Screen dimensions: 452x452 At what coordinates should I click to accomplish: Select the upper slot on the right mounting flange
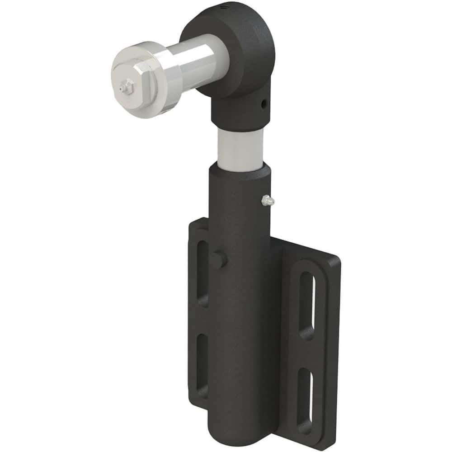pyautogui.click(x=307, y=306)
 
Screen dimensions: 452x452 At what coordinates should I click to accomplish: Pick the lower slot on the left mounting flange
pyautogui.click(x=202, y=364)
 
